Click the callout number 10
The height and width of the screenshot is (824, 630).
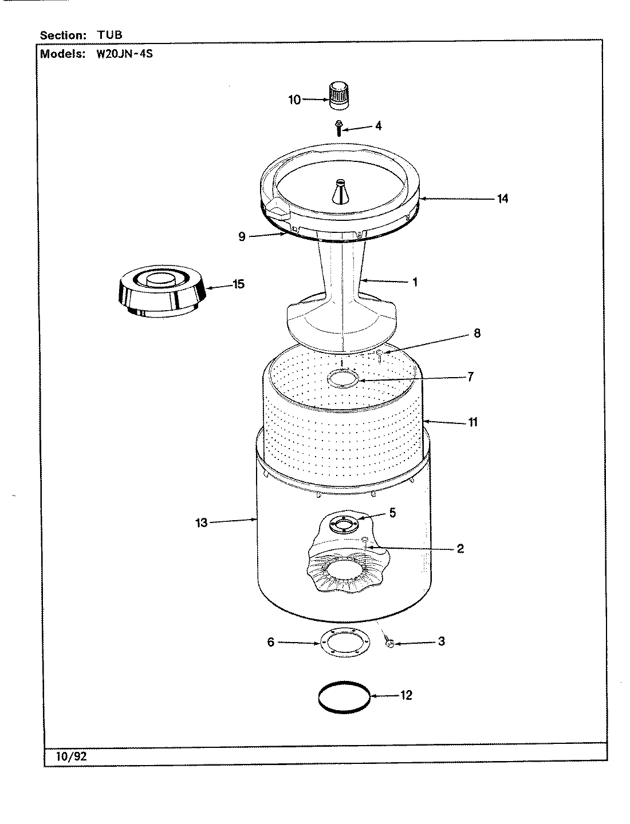tap(294, 100)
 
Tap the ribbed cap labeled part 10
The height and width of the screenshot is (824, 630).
tap(338, 94)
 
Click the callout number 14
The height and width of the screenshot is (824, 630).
tap(502, 199)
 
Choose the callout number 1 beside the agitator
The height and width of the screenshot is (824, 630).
tap(415, 282)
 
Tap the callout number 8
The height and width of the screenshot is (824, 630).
tap(477, 333)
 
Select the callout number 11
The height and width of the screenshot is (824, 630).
tap(472, 422)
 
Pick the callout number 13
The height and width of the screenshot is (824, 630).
tap(201, 522)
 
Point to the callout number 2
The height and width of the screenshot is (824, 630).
tap(460, 549)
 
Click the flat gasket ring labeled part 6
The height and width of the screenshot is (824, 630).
tap(342, 643)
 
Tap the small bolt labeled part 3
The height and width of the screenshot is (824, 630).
tap(390, 644)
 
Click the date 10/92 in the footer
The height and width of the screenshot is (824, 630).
tap(72, 756)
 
